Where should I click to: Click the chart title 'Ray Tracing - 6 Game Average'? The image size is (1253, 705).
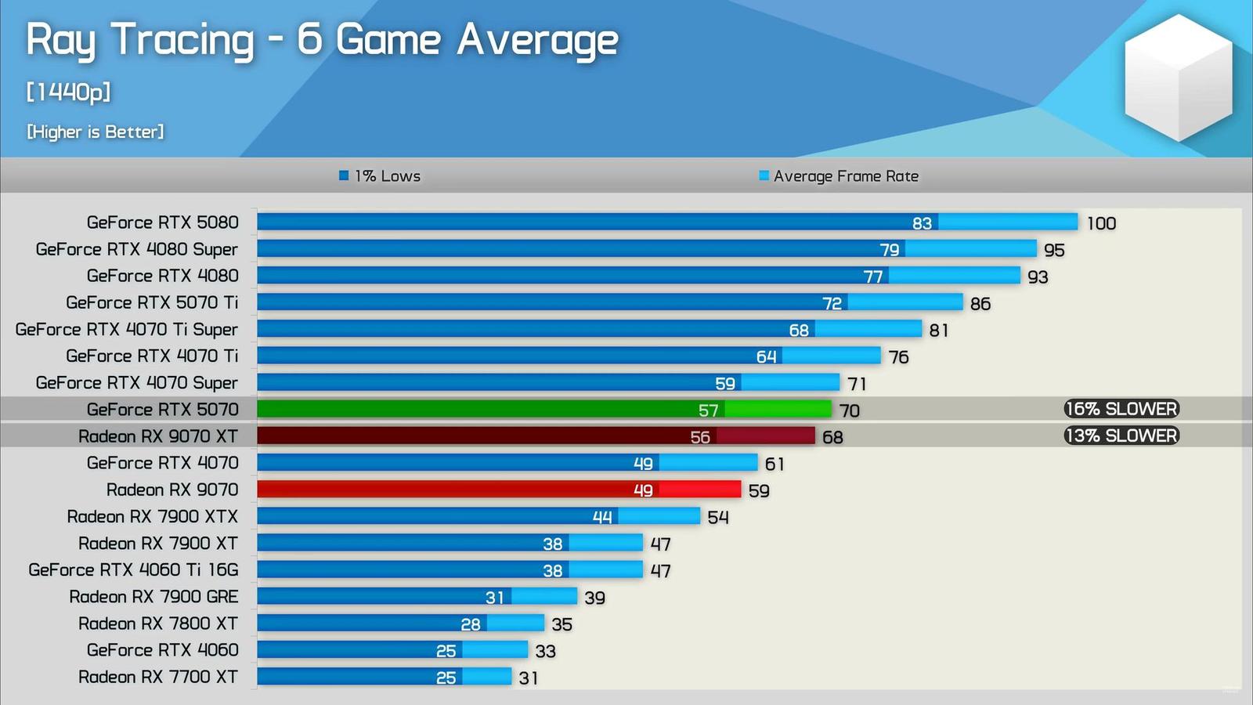pos(322,41)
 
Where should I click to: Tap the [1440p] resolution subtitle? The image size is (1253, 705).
pos(68,92)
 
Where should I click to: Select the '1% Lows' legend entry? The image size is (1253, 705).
pos(381,176)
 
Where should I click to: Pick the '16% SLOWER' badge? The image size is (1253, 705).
pos(1121,409)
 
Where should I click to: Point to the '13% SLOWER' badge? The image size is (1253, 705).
pos(1121,436)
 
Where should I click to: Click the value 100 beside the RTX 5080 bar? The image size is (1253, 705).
pos(1101,223)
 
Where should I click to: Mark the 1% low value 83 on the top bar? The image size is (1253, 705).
pos(922,223)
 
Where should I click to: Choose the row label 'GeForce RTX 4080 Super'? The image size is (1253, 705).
pos(136,249)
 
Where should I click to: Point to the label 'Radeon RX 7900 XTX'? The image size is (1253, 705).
pos(152,517)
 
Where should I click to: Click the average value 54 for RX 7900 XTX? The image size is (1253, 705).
pos(718,518)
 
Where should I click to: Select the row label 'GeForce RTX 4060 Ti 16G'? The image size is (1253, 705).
pos(133,570)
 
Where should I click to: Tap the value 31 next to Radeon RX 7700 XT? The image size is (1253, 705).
pos(529,678)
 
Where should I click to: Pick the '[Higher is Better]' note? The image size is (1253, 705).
pos(96,132)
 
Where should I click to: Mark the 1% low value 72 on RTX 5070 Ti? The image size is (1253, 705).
pos(832,303)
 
